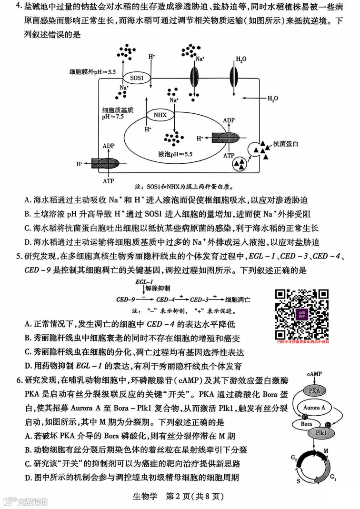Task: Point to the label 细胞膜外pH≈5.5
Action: tap(92, 72)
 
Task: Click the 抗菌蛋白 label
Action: tap(283, 143)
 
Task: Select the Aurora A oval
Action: tap(314, 408)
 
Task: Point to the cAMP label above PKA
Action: tap(315, 374)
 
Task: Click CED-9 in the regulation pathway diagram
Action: tap(126, 300)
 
